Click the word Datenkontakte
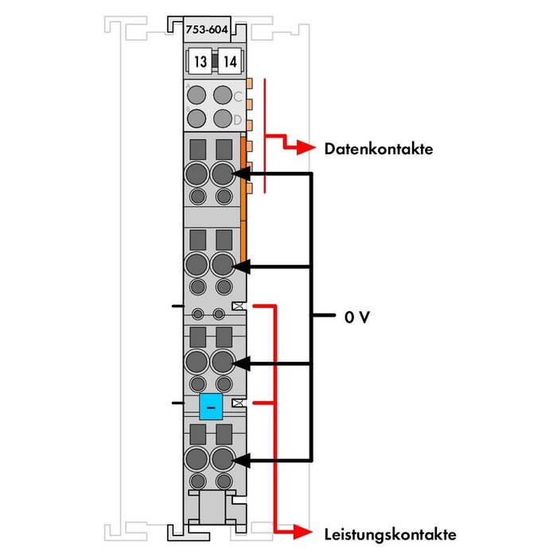pos(378,149)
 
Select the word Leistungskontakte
pos(390,533)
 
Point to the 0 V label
pos(357,317)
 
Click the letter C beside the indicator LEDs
pos(236,97)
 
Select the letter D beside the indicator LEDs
pos(236,119)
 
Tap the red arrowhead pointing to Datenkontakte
pos(306,148)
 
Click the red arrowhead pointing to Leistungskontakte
pos(306,532)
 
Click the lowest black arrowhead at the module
pos(241,460)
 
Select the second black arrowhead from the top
pos(241,266)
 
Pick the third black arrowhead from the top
pos(241,364)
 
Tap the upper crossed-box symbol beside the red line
pos(237,306)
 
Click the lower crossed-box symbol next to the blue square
pos(237,404)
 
